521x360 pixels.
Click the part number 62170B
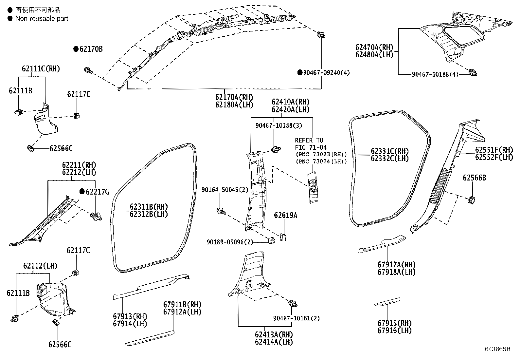(91, 49)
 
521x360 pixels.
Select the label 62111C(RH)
(41, 69)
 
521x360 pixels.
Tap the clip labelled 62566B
(472, 199)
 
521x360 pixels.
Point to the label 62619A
(286, 215)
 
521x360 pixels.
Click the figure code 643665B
(498, 349)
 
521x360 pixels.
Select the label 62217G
(98, 192)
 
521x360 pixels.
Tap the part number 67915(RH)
(394, 323)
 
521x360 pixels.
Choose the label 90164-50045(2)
(225, 190)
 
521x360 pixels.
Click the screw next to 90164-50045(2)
(221, 211)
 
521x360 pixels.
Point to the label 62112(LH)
(40, 266)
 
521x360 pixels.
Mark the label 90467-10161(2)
(296, 318)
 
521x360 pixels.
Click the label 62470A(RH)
(374, 47)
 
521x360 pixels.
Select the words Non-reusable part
(42, 18)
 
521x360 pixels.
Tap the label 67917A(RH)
(396, 264)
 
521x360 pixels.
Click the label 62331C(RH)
(390, 151)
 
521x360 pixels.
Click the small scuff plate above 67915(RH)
(387, 302)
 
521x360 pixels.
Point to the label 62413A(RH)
(274, 334)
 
